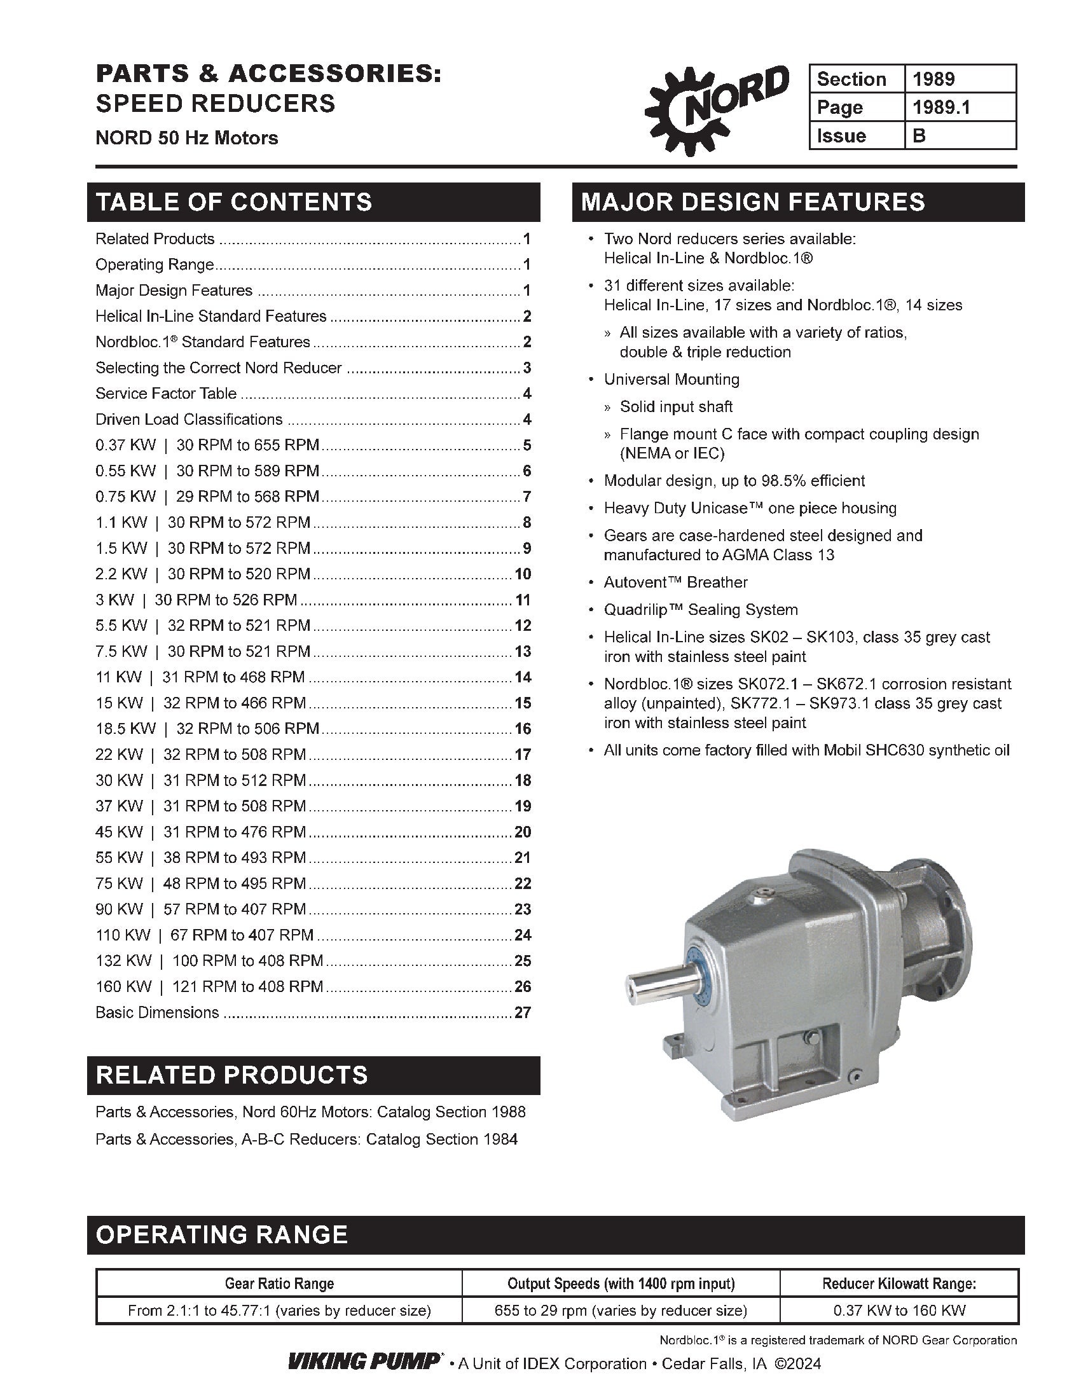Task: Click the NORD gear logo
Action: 715,109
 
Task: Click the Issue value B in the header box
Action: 919,136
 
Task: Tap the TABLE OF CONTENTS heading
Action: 234,202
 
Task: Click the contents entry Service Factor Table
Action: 166,393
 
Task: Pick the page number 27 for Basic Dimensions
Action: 523,1012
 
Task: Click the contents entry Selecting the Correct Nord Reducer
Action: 218,368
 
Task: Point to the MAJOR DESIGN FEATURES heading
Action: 752,202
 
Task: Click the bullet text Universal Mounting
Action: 671,379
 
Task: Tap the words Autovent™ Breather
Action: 675,582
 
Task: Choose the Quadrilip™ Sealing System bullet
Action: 701,610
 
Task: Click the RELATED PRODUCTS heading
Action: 232,1075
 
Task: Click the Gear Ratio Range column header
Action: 279,1283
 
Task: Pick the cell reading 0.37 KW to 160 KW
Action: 899,1310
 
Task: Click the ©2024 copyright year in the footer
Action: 797,1364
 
